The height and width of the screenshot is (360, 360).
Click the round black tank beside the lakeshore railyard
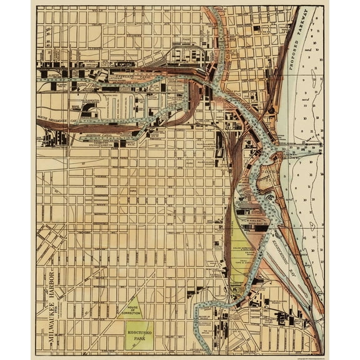point(272,111)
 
